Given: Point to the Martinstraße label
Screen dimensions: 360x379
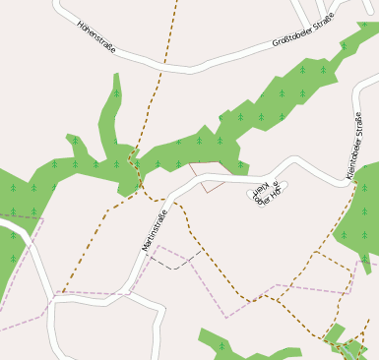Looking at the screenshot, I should pyautogui.click(x=156, y=229).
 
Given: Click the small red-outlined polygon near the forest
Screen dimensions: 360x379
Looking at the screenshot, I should pyautogui.click(x=211, y=176).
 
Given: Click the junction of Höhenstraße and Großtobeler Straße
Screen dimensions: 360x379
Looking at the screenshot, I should pyautogui.click(x=193, y=69).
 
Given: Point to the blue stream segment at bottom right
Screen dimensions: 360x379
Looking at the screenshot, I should pyautogui.click(x=351, y=347).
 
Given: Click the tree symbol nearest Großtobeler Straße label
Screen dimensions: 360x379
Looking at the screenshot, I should pyautogui.click(x=303, y=70).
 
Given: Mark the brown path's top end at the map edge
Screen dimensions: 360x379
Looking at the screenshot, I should pyautogui.click(x=178, y=2).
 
